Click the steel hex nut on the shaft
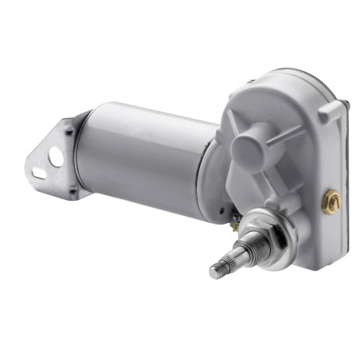257,232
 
